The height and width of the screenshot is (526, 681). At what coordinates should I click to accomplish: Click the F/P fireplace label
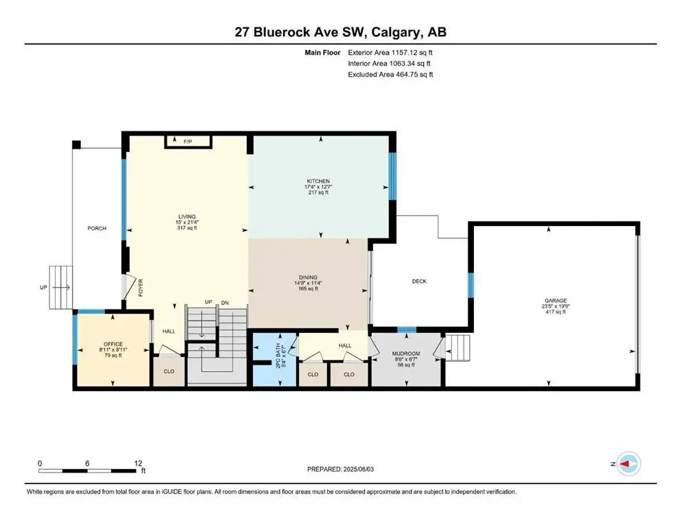click(x=187, y=141)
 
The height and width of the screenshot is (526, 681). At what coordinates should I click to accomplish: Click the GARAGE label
click(x=555, y=300)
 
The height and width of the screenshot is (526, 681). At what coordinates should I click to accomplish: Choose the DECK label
click(x=420, y=281)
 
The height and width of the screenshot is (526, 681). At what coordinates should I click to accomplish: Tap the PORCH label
click(x=97, y=228)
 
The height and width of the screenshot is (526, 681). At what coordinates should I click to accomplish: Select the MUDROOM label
click(x=405, y=354)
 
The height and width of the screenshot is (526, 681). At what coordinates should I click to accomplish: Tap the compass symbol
click(x=628, y=464)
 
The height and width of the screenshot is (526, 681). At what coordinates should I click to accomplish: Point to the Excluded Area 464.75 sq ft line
click(x=390, y=75)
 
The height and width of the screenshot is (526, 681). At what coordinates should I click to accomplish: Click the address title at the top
click(x=340, y=32)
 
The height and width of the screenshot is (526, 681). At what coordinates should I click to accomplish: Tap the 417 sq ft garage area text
click(x=555, y=312)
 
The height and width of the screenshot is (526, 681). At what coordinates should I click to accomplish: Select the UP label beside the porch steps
click(x=44, y=287)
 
